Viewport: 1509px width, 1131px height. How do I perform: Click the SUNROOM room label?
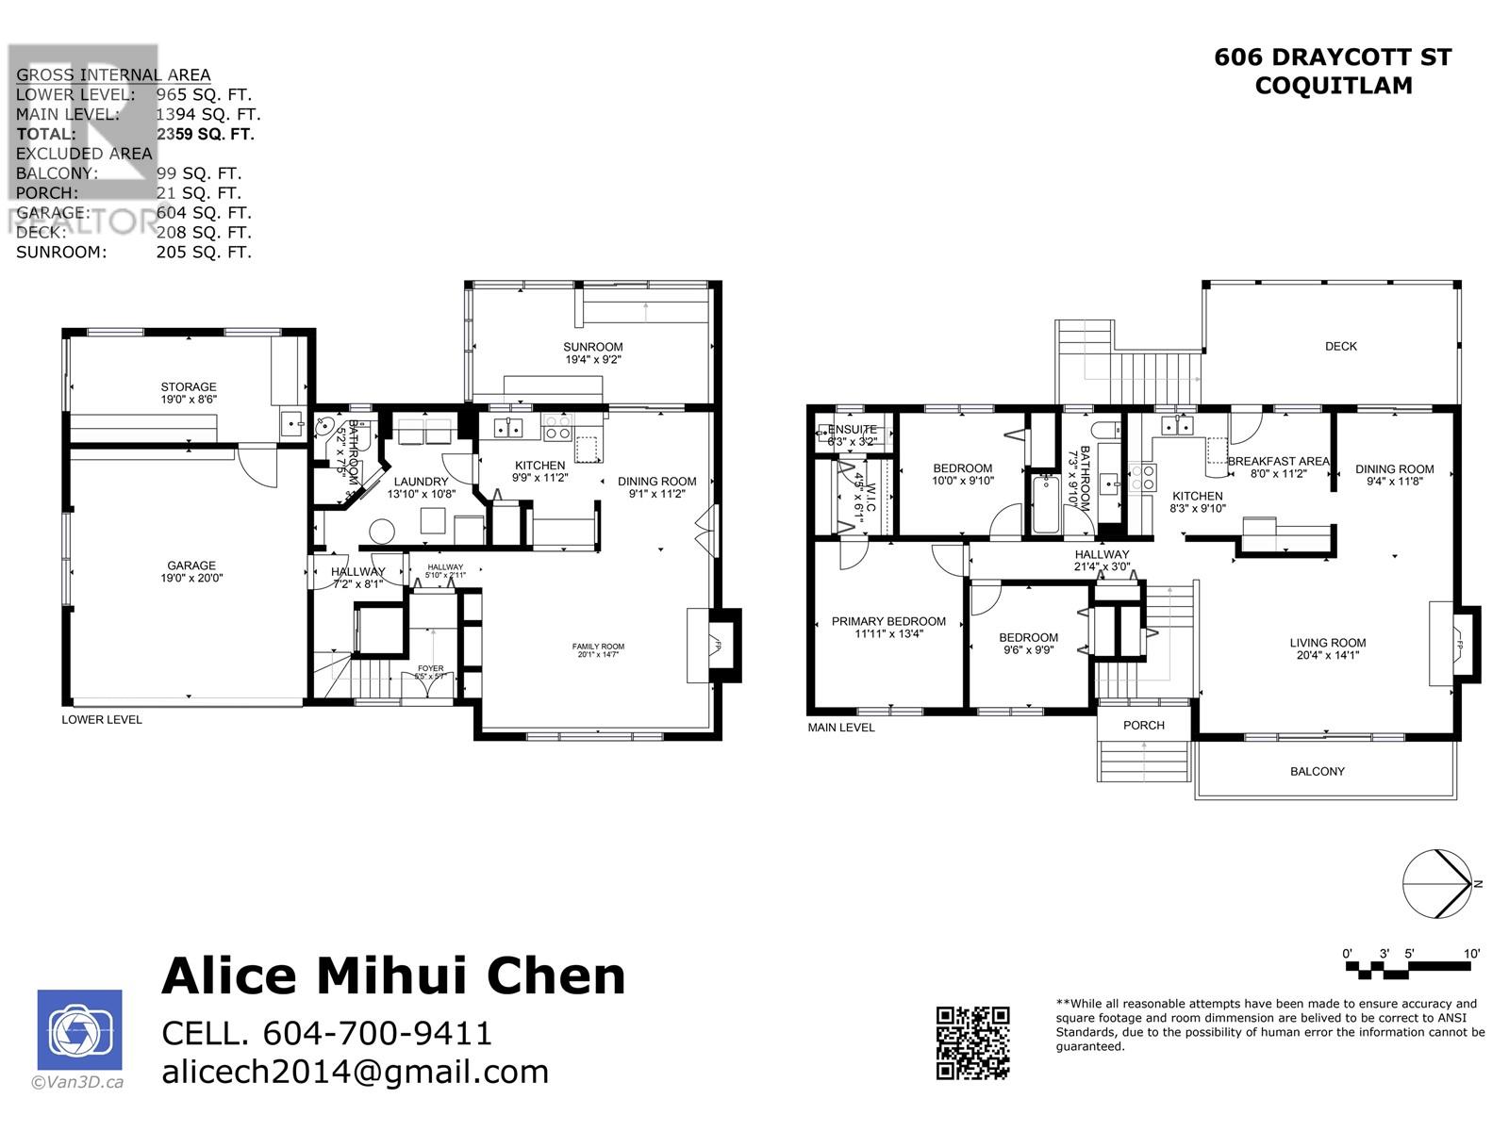click(593, 347)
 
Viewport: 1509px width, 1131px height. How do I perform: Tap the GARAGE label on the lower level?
click(191, 565)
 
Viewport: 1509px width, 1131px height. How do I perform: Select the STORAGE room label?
click(189, 386)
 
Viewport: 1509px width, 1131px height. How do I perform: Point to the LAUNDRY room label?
click(421, 482)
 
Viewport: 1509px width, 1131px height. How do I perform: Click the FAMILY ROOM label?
click(598, 647)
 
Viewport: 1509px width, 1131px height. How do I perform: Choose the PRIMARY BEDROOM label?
click(888, 621)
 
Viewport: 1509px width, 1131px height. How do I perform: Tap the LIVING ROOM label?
click(1328, 643)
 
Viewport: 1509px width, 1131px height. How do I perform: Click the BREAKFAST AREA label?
click(1278, 462)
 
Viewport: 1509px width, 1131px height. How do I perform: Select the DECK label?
click(1340, 346)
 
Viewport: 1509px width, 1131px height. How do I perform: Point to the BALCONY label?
click(1318, 771)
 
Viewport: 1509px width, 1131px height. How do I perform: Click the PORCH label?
click(1144, 725)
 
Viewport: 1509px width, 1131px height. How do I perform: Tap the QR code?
click(972, 1042)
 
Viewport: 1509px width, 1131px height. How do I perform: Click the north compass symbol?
click(1439, 883)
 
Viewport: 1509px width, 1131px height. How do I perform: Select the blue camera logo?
click(79, 1030)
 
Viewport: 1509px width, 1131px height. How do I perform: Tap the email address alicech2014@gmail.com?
click(356, 1072)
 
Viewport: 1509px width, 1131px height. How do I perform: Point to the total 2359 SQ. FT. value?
click(206, 134)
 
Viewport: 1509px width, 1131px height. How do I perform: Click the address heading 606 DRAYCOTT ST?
click(1333, 57)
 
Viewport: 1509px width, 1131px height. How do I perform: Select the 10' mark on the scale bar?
click(1471, 954)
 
